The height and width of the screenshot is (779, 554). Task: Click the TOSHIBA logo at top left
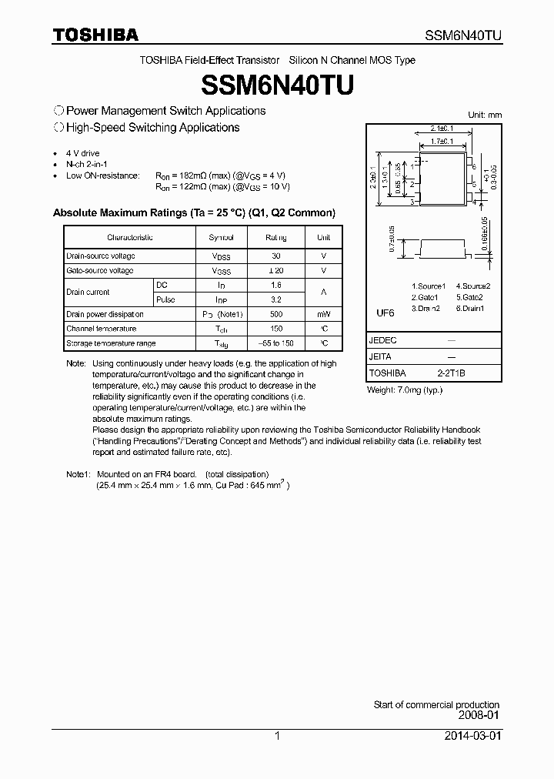click(95, 35)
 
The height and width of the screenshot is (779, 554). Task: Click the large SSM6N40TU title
click(276, 83)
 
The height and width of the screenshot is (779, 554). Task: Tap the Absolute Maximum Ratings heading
click(194, 212)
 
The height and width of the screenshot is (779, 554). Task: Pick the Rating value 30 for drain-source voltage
click(276, 256)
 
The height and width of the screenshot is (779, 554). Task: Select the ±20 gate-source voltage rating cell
click(276, 271)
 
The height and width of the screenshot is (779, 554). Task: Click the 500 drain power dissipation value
click(276, 314)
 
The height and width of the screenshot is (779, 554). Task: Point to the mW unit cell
click(324, 314)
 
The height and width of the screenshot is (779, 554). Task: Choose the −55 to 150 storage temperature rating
click(276, 343)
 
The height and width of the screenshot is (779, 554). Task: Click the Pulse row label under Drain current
click(165, 299)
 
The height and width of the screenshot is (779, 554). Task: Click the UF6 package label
click(385, 313)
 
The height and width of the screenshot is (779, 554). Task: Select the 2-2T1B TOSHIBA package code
click(451, 373)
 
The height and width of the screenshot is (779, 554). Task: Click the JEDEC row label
click(381, 339)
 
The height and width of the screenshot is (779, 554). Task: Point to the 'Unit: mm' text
click(485, 115)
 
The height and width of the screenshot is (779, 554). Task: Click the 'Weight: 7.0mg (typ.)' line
click(404, 390)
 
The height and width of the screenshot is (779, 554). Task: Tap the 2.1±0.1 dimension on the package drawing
click(442, 129)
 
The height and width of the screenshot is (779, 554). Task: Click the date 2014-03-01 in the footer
click(472, 736)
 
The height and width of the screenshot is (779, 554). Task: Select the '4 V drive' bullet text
click(83, 154)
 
